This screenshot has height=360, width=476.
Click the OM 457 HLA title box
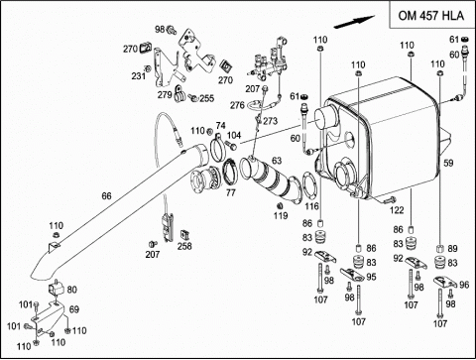click(432, 15)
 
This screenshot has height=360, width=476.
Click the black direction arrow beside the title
click(355, 22)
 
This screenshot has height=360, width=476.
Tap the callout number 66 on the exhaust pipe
click(106, 196)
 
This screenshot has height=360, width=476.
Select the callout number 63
click(277, 161)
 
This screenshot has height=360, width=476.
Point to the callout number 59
click(448, 163)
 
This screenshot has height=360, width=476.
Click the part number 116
click(311, 206)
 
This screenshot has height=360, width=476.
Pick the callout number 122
click(397, 210)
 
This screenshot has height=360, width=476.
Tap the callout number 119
click(281, 216)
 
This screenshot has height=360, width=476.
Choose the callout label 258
click(184, 246)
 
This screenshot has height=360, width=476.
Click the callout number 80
click(71, 290)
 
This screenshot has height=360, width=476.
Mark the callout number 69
click(74, 309)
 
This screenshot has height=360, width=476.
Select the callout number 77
click(231, 192)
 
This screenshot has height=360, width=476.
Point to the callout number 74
click(221, 126)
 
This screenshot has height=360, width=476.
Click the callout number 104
click(234, 135)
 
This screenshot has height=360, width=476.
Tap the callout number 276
click(237, 105)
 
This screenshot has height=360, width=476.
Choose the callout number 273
click(271, 121)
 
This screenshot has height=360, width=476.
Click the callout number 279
click(165, 95)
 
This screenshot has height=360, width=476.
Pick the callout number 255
click(207, 98)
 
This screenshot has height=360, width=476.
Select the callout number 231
click(139, 76)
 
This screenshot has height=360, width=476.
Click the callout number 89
click(452, 249)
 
